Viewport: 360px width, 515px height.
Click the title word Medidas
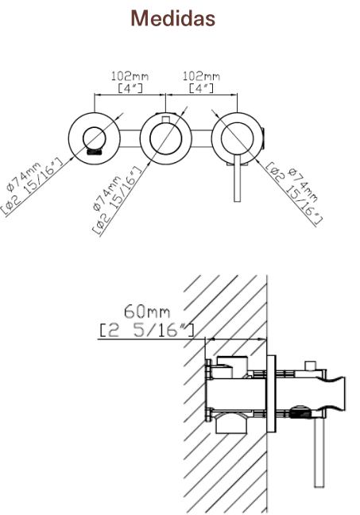coord(173,18)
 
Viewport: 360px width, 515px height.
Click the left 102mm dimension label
coord(130,76)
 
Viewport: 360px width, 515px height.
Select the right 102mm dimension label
coord(201,76)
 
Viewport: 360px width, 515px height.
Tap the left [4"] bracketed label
coord(130,88)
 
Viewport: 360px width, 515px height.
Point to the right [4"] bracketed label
coord(201,88)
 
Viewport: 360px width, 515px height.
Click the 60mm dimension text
coord(147,312)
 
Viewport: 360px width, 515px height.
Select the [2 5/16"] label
coord(147,330)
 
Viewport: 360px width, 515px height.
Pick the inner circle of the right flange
coord(221,138)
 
